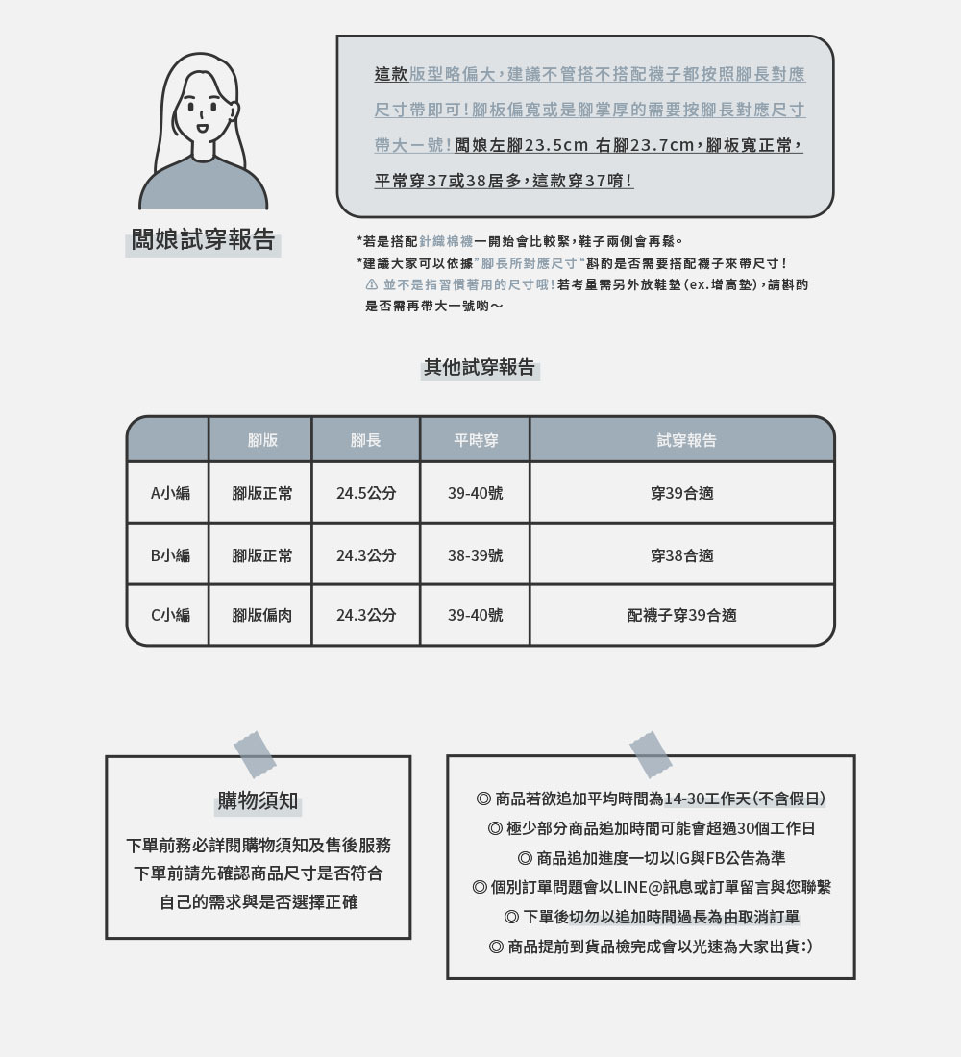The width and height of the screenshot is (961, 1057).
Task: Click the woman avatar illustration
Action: click(203, 132)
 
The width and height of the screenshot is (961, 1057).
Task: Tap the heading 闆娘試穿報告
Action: click(204, 240)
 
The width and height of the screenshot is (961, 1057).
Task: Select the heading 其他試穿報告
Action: click(480, 367)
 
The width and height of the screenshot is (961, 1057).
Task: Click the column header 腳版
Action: click(261, 440)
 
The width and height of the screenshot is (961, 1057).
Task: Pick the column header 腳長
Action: click(365, 440)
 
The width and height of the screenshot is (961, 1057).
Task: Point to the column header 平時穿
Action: click(475, 440)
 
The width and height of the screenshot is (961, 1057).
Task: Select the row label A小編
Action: click(170, 493)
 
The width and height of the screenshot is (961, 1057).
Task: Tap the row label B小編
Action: click(170, 554)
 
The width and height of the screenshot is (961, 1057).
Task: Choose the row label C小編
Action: click(170, 615)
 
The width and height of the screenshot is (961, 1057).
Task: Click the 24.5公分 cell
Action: click(366, 493)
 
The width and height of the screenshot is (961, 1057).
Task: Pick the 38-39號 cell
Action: click(475, 554)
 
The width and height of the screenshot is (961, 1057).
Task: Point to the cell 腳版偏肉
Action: click(261, 615)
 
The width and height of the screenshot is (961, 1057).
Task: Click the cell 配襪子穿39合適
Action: click(681, 615)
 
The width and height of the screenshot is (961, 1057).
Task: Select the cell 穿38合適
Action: click(681, 554)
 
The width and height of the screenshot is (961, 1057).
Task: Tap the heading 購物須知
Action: click(258, 800)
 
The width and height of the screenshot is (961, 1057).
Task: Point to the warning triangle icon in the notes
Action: click(372, 285)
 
